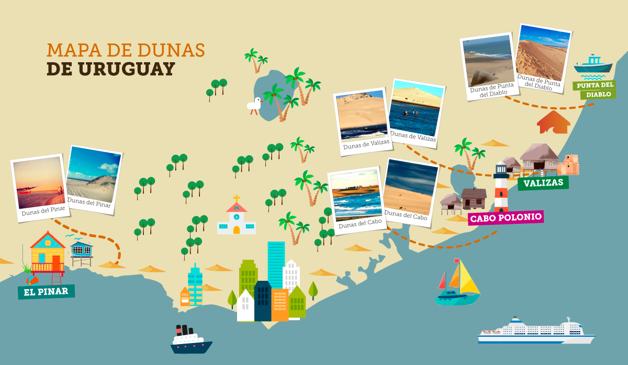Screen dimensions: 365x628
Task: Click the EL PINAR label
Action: pos(46,291)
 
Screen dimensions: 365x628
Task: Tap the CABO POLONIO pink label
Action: pos(505,218)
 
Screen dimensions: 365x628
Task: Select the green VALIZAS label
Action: pos(543,182)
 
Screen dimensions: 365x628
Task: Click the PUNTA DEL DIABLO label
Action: pos(594,89)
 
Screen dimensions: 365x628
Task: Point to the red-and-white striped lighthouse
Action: pos(501,188)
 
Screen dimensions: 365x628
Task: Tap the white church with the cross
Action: pos(237,219)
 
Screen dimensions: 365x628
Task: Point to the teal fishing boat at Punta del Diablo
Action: pos(593,64)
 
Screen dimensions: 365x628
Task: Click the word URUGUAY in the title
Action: pos(110,69)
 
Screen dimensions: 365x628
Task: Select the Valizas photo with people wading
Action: pos(416,111)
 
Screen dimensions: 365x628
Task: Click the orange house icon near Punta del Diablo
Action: pos(553,122)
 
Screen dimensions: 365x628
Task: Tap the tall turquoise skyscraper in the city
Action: pos(276,264)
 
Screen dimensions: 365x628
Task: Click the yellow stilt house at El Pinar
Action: pos(48,254)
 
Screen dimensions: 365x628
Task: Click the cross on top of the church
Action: pos(237,199)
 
